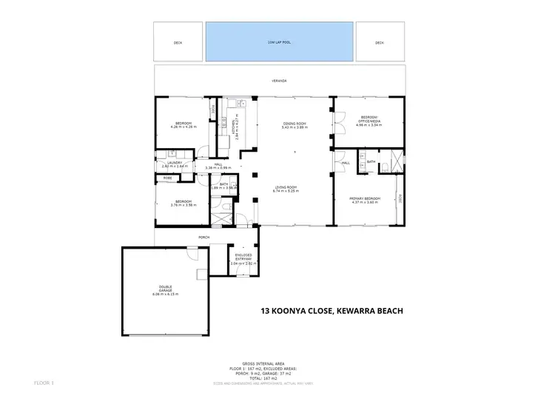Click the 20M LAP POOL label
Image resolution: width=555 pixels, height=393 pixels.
[279, 43]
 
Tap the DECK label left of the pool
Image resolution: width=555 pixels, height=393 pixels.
[178, 43]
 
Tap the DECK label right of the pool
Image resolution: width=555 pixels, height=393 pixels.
[380, 43]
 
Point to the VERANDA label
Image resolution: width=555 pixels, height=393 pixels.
[278, 81]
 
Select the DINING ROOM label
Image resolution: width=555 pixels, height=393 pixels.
[295, 124]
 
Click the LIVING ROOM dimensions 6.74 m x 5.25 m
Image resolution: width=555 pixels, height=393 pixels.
[295, 201]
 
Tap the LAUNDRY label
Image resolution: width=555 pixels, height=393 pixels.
[174, 163]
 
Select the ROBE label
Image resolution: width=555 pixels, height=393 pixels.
[168, 178]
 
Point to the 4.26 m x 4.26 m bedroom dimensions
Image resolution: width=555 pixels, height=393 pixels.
[184, 127]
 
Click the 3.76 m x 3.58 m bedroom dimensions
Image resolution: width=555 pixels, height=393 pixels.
[182, 205]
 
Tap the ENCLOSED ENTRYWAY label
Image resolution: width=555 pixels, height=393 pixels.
[243, 256]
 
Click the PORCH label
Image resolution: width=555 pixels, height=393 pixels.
[203, 238]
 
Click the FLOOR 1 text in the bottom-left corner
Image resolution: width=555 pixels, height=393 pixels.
[44, 383]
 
